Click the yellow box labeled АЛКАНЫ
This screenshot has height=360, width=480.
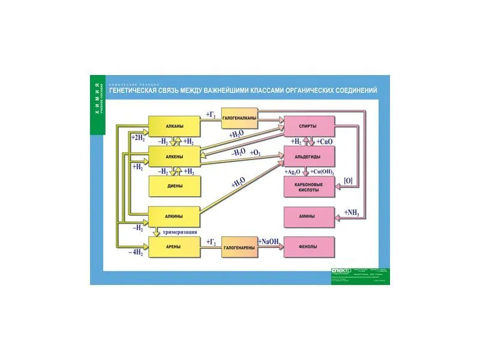pyautogui.click(x=174, y=126)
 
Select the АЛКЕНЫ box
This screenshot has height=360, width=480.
pyautogui.click(x=174, y=157)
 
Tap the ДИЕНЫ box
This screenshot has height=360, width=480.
pyautogui.click(x=174, y=186)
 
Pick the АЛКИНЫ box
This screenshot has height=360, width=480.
pyautogui.click(x=174, y=216)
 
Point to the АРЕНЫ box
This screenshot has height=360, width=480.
pyautogui.click(x=174, y=247)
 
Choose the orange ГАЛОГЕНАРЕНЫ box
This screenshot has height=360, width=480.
pyautogui.click(x=239, y=247)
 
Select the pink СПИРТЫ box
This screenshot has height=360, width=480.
pyautogui.click(x=308, y=126)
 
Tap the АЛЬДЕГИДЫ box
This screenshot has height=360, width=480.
pyautogui.click(x=308, y=157)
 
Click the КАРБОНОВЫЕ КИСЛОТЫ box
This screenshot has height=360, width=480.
pyautogui.click(x=308, y=187)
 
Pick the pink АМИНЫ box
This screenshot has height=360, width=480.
pyautogui.click(x=308, y=216)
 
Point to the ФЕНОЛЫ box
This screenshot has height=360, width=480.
pyautogui.click(x=308, y=247)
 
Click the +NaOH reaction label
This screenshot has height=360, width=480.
pyautogui.click(x=269, y=242)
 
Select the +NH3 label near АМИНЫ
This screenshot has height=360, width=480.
pyautogui.click(x=352, y=213)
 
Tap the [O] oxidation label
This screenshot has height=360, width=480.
pyautogui.click(x=348, y=180)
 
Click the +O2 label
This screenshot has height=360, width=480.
pyautogui.click(x=255, y=154)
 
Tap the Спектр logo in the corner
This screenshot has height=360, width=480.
pyautogui.click(x=340, y=272)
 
